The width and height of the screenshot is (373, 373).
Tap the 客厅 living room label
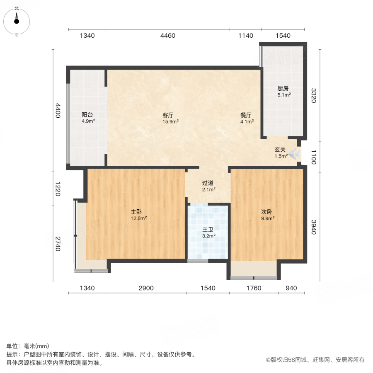[x=170, y=115]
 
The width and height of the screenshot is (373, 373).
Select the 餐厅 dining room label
[x=247, y=115]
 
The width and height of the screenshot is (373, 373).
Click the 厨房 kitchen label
[x=283, y=88]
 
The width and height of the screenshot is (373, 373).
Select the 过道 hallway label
[x=208, y=183]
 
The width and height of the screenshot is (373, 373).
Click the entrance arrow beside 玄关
[x=295, y=154]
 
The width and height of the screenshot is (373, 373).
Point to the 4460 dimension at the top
[x=167, y=36]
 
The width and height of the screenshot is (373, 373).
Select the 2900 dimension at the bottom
[x=146, y=288]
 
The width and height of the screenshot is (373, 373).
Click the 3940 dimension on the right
[x=314, y=226]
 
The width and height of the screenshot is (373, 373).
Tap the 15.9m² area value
[x=170, y=122]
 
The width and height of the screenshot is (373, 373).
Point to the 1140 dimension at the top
[x=245, y=36]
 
